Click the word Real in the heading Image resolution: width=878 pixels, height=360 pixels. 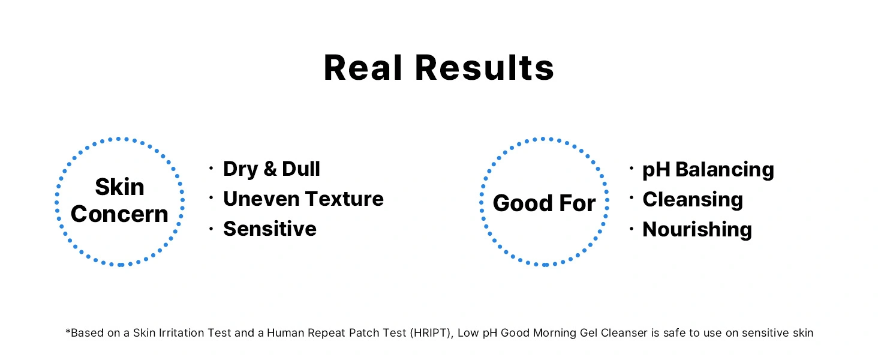pos(363,68)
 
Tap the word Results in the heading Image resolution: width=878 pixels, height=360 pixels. pos(485,68)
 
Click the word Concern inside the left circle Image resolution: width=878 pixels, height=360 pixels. pos(119,214)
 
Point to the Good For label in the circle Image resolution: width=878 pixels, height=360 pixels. pos(544,203)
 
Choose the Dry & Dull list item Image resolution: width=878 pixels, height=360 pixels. pos(272,169)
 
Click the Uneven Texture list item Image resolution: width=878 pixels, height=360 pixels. pos(303,199)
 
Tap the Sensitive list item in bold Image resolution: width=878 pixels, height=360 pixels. pos(270,229)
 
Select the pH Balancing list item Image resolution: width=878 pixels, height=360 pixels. pos(708,170)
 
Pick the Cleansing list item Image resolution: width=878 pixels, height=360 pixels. pos(693,200)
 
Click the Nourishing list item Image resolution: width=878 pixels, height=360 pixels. pos(697,229)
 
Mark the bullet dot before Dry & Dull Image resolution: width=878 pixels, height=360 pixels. pos(211,168)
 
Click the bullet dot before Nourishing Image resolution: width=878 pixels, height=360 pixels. pos(632,228)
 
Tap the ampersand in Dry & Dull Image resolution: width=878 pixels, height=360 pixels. pos(270,169)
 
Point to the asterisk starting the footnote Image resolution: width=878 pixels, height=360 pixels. pos(68,331)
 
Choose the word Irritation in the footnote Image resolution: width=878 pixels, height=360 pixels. pos(182,333)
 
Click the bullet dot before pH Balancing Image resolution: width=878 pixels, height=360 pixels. pos(632,168)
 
